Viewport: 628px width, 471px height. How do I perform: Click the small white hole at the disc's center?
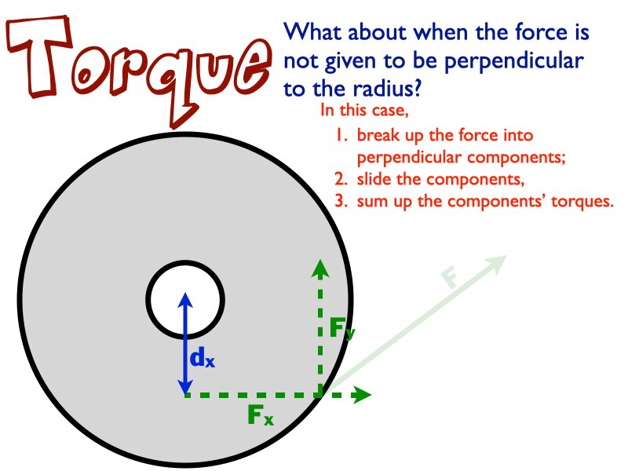pos(185,299)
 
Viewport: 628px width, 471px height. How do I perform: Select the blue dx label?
pos(202,359)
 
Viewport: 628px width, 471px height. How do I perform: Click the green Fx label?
pos(260,415)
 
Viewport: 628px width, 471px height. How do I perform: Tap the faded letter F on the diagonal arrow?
pos(449,278)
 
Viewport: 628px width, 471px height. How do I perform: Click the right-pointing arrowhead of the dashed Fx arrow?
pos(362,395)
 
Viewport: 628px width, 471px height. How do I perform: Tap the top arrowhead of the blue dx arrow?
pos(185,299)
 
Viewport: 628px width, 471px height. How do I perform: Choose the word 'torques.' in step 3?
pos(580,201)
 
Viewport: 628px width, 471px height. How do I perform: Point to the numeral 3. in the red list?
pos(340,201)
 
